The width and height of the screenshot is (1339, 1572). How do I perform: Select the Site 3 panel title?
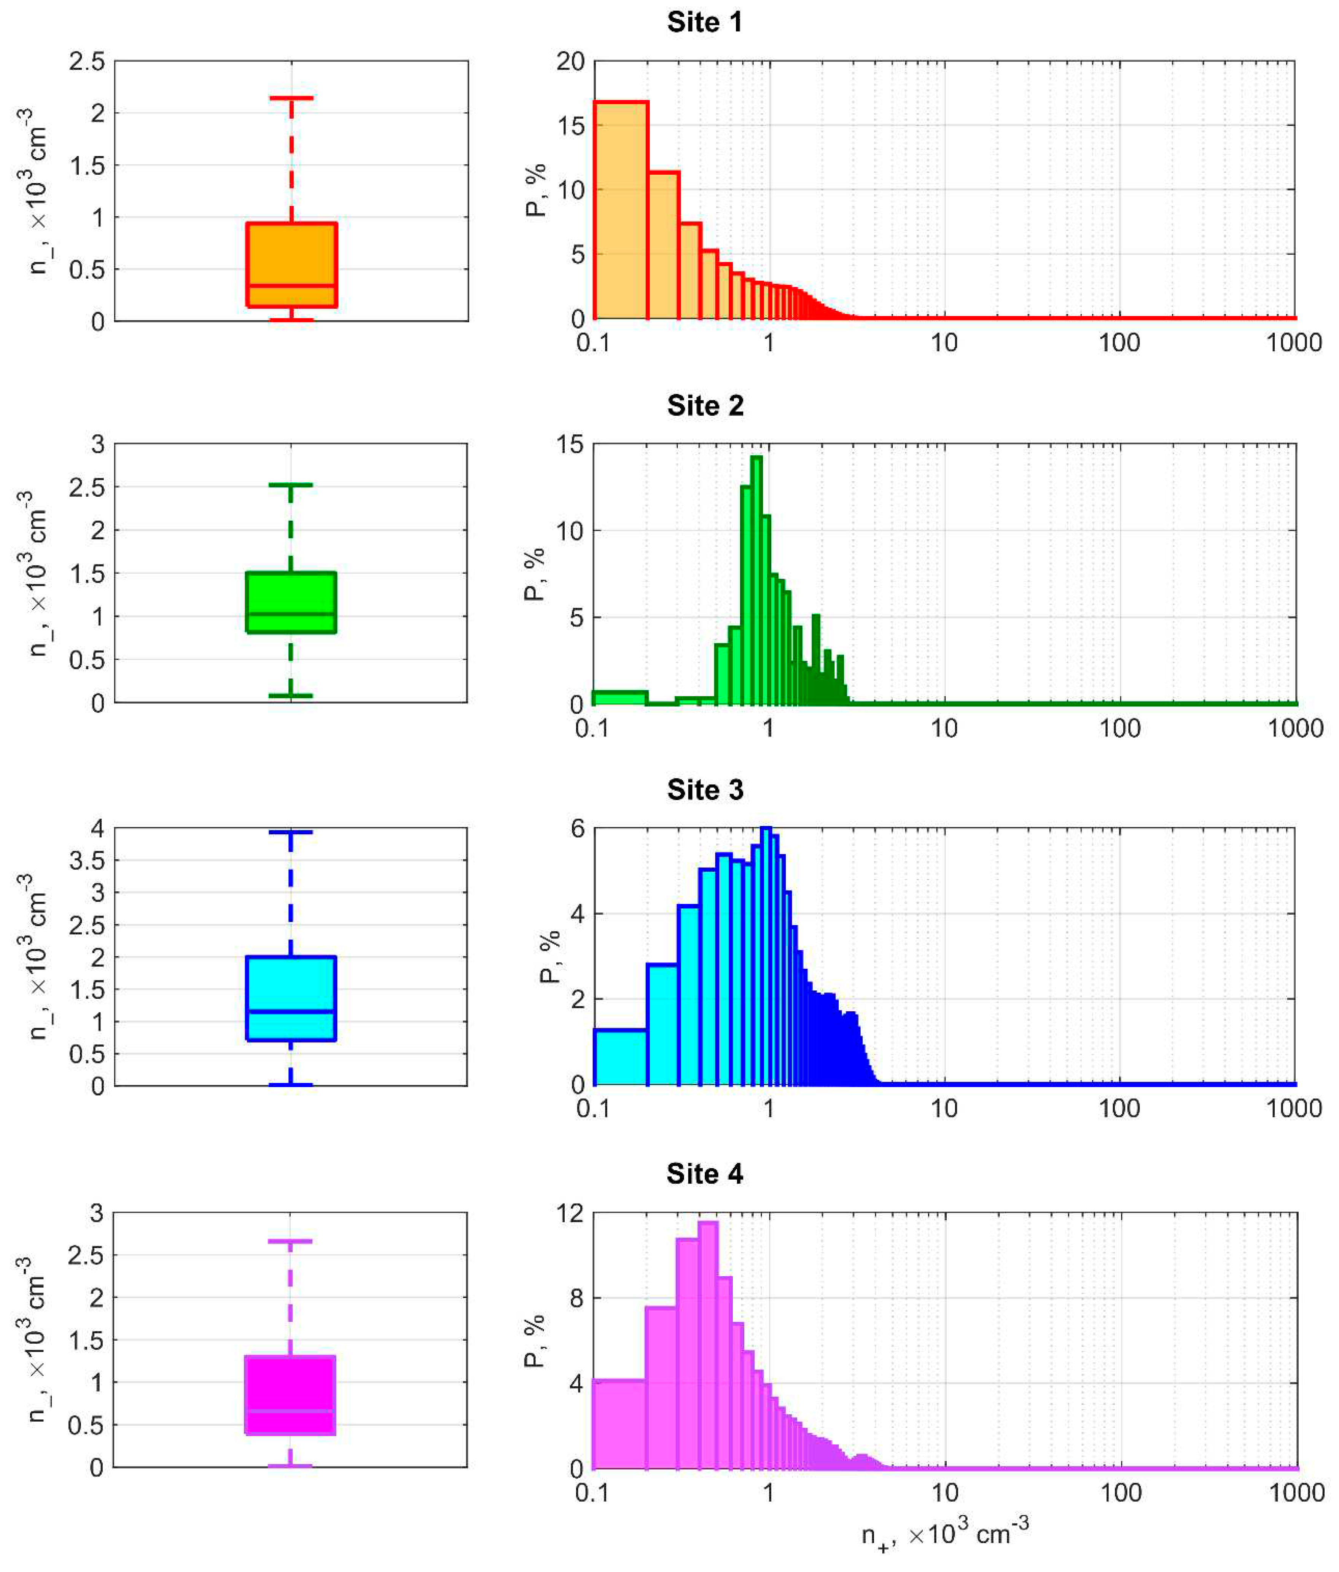(x=704, y=790)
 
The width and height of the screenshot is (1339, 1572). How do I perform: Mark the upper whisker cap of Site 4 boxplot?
(x=290, y=1241)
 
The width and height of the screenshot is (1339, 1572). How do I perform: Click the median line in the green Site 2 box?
(x=291, y=613)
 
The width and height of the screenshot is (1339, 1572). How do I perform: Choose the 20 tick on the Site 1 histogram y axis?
(x=570, y=61)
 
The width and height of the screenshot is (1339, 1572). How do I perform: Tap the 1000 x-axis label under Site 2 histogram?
(x=1295, y=729)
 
